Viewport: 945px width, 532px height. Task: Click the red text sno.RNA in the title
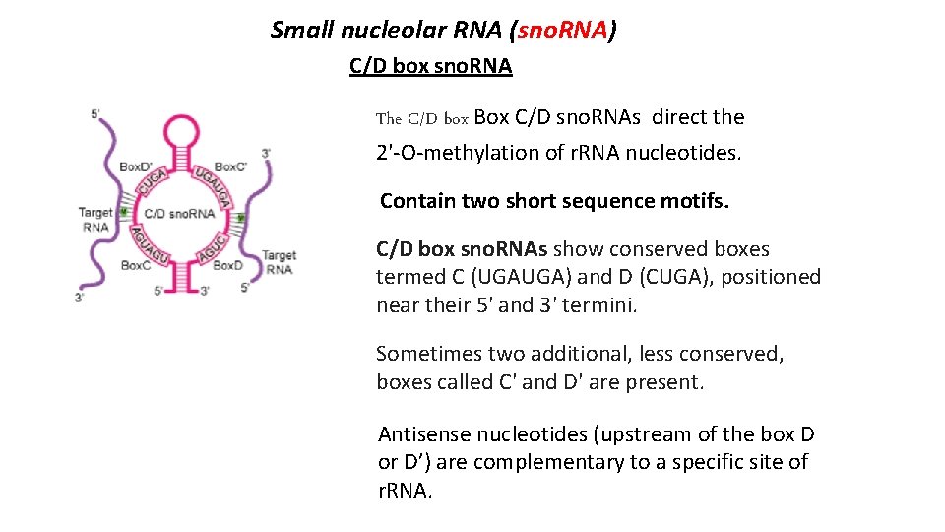[561, 31]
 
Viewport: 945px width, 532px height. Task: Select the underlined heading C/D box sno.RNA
[430, 66]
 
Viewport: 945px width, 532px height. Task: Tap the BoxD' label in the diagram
[137, 167]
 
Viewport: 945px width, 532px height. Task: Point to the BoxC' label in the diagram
[231, 167]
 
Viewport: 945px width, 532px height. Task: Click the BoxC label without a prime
[135, 265]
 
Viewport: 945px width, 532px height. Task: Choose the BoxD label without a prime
[227, 265]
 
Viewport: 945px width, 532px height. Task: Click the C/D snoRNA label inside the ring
[179, 213]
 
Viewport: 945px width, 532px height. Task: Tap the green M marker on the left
[124, 212]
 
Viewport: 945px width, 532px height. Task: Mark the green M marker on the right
[240, 218]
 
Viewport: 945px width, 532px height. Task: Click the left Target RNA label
[95, 219]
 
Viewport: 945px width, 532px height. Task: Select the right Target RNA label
[279, 262]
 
